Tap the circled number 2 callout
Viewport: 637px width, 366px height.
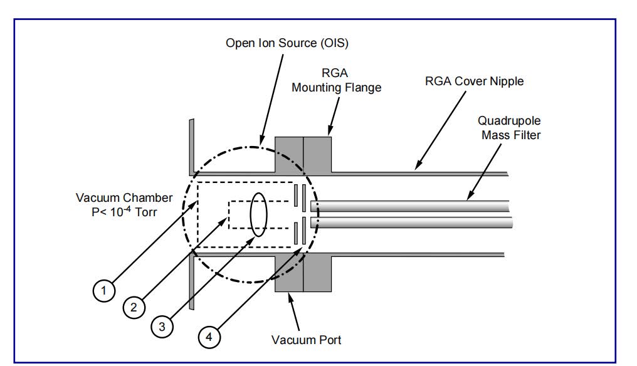click(133, 307)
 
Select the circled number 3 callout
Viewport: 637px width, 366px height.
click(161, 327)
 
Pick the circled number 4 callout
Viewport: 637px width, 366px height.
click(210, 337)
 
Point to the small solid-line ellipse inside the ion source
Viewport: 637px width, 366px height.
click(259, 215)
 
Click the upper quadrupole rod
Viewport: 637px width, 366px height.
click(414, 206)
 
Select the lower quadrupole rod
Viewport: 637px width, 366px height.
click(414, 222)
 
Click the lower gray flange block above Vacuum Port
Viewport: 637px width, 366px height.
click(303, 273)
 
